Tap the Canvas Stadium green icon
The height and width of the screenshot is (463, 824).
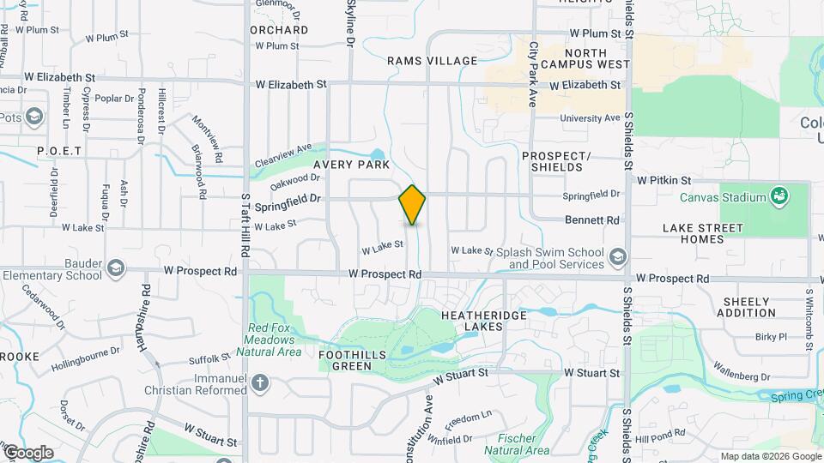click(x=779, y=197)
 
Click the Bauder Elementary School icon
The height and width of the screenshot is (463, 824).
click(x=115, y=270)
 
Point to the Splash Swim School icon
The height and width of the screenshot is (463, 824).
click(x=617, y=256)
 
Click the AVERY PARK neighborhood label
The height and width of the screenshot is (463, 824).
click(x=351, y=164)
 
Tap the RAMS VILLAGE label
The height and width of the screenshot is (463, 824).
click(x=432, y=61)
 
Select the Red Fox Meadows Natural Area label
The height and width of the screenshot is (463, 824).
click(x=274, y=340)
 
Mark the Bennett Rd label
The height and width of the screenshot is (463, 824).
click(x=592, y=220)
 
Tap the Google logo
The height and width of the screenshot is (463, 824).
click(x=28, y=452)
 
